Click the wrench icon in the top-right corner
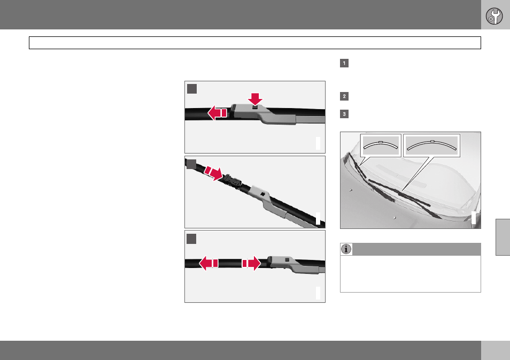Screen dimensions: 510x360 click(x=494, y=16)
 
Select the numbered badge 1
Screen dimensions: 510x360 click(x=344, y=63)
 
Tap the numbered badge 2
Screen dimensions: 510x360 click(x=344, y=96)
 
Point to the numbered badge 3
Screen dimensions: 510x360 click(x=344, y=114)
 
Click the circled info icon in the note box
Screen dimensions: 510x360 click(x=346, y=249)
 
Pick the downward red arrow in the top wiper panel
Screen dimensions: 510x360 click(x=255, y=98)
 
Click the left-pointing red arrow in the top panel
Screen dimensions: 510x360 click(x=217, y=113)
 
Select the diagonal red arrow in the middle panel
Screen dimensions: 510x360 click(x=213, y=173)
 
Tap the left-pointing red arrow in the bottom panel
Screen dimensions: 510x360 click(x=208, y=263)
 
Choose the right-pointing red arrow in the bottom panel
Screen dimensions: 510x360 click(x=251, y=263)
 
